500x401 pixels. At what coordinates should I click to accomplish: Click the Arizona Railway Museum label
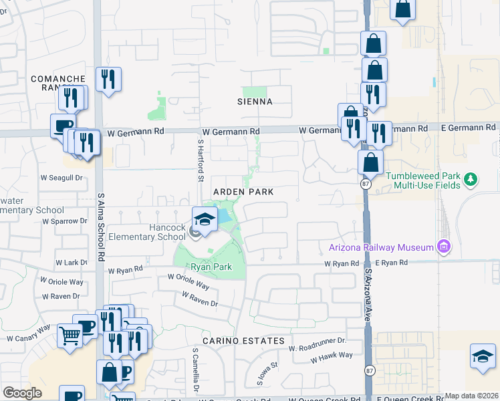[x=381, y=247]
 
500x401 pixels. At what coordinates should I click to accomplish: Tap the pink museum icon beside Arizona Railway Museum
[x=443, y=247]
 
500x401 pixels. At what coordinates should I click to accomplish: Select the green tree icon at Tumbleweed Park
[x=471, y=179]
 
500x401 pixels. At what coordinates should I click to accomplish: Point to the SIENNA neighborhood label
[x=255, y=102]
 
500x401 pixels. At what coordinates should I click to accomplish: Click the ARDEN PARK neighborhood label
[x=243, y=192]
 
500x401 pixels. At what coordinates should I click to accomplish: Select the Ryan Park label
[x=211, y=267]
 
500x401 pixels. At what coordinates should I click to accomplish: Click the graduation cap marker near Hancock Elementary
[x=205, y=219]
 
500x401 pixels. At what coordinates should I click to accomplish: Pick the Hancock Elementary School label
[x=147, y=232]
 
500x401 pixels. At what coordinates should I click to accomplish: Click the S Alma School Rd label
[x=101, y=228]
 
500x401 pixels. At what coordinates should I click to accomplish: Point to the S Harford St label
[x=199, y=160]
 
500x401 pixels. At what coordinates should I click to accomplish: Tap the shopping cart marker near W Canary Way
[x=70, y=336]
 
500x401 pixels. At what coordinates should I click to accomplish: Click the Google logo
[x=22, y=393]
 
